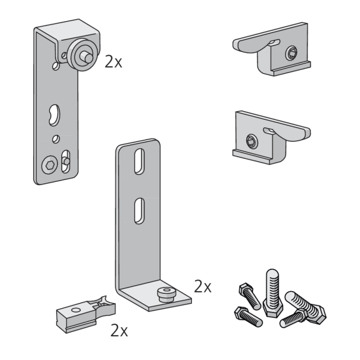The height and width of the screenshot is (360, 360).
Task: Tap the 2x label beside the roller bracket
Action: (x=113, y=62)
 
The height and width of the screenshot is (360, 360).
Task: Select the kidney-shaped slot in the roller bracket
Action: (x=54, y=115)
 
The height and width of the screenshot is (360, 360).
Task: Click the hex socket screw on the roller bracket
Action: (x=49, y=165)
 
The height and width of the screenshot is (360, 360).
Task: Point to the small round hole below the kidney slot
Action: (x=56, y=139)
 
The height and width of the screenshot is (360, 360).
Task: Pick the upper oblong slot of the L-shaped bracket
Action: (x=139, y=161)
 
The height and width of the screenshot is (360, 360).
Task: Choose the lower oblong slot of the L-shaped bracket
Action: (x=139, y=211)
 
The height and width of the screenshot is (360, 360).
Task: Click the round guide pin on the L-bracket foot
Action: (x=166, y=294)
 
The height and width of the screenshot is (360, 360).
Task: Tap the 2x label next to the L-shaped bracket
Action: (x=202, y=286)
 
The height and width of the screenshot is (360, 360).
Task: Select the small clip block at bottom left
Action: (x=86, y=314)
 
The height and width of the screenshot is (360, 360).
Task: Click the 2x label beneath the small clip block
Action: (x=119, y=331)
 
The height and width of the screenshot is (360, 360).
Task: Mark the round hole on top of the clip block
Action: (x=76, y=310)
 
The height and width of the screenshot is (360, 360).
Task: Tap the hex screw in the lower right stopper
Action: (x=252, y=141)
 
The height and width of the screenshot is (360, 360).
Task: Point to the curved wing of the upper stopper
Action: (x=249, y=46)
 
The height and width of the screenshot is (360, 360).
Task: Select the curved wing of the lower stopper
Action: (x=291, y=132)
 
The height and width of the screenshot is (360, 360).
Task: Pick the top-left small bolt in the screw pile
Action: (x=249, y=296)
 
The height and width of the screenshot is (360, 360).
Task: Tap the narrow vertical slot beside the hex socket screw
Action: (x=66, y=161)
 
